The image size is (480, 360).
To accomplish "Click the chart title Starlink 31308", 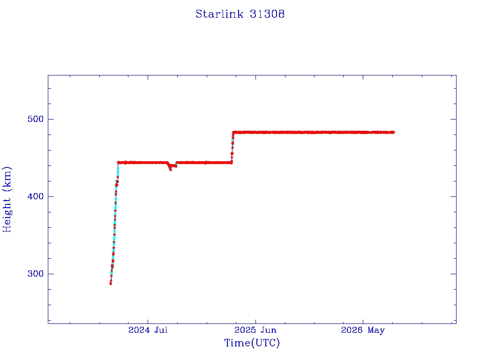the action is (240, 14).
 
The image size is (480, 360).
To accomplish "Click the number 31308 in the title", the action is (267, 14).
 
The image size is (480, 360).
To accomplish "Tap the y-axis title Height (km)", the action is (7, 199).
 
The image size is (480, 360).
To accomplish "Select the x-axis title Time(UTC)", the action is (252, 343).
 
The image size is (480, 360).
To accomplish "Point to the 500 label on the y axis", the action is (36, 119).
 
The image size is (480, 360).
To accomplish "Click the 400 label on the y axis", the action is (36, 196).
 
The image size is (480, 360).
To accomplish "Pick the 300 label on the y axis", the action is (36, 274).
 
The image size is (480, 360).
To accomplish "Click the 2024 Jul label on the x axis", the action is (148, 330).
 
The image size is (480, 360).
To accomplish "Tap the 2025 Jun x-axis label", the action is (255, 330).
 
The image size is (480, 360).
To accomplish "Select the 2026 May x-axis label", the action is (363, 330).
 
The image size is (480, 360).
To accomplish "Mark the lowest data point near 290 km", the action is (111, 284).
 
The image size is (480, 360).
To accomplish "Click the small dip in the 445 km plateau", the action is (171, 168).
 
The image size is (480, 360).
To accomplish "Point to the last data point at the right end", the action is (393, 132).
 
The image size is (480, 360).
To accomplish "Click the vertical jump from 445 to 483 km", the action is (232, 147).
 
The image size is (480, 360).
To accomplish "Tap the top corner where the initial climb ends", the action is (118, 163).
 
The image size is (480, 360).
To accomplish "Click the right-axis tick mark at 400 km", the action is (453, 196).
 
